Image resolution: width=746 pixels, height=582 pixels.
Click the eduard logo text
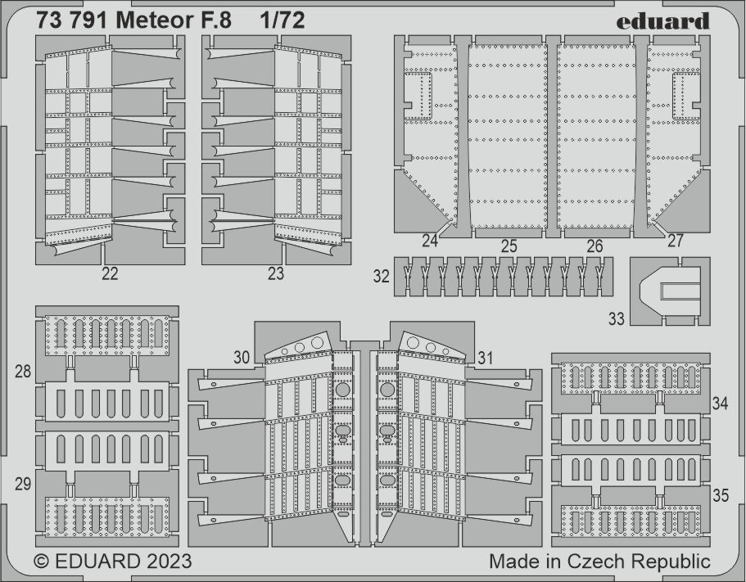[x=662, y=21]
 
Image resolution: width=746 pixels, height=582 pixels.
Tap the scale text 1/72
[x=283, y=20]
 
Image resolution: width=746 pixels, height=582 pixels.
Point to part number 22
[x=110, y=274]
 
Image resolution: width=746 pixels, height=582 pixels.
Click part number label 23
[x=275, y=274]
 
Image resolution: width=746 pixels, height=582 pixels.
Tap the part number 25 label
[x=509, y=246]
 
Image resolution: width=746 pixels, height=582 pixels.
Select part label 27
[x=675, y=241]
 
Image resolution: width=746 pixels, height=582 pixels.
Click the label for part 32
[x=381, y=276]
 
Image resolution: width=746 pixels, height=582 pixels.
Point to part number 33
[x=616, y=318]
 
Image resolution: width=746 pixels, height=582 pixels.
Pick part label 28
[x=23, y=372]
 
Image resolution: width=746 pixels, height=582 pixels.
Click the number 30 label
[x=242, y=358]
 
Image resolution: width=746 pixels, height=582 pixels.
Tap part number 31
[x=485, y=358]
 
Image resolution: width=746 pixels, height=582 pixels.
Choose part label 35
[x=721, y=495]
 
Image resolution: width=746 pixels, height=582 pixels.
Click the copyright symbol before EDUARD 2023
[x=42, y=562]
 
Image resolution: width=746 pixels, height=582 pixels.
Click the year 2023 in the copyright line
[x=169, y=562]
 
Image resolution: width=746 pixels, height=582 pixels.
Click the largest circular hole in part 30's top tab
[x=317, y=342]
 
